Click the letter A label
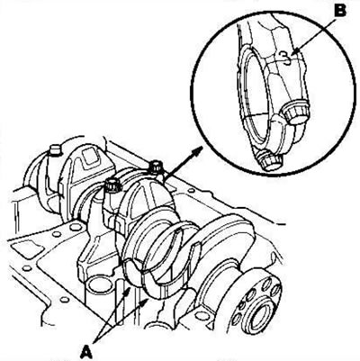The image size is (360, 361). coord(86,351)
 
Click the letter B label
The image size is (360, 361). coord(339,11)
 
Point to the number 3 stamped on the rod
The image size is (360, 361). coord(286,58)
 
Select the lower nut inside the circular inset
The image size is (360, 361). coord(269,161)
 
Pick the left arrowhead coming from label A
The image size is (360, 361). coord(128,290)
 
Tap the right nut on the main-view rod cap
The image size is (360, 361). coord(157,167)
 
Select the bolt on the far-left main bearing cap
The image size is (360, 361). coord(55,150)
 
